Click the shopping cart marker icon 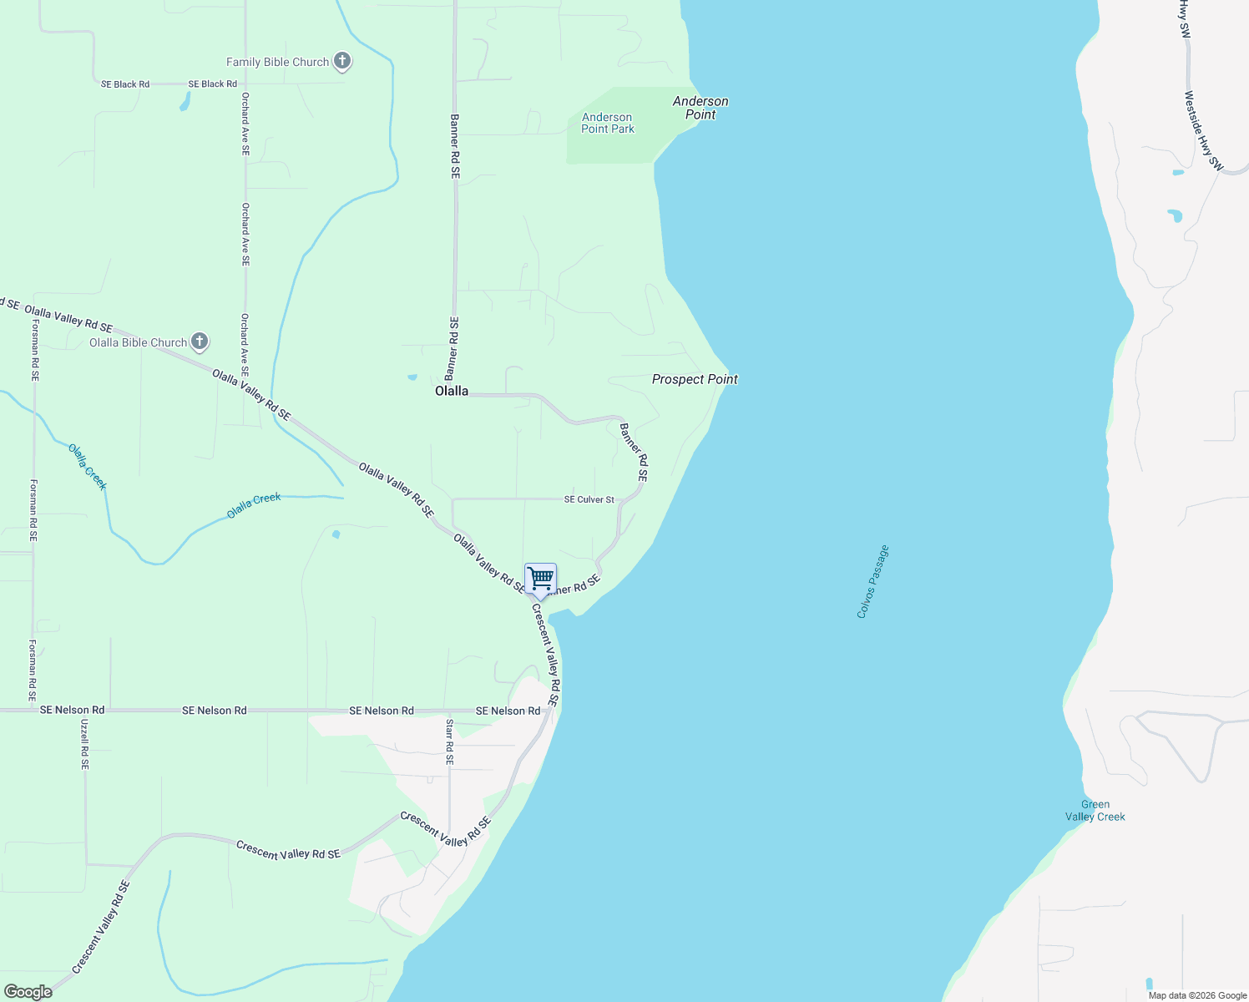[x=541, y=578]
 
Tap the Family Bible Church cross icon [x=341, y=61]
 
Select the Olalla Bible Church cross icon [x=199, y=342]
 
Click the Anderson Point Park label [x=608, y=123]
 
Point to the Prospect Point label [x=695, y=379]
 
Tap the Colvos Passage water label [x=873, y=582]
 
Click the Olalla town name [x=452, y=391]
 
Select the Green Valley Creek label [x=1095, y=811]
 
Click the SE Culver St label [x=589, y=499]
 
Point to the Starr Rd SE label [x=449, y=742]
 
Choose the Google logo [x=28, y=992]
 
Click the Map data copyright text [x=1197, y=995]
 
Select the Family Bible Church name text [x=277, y=62]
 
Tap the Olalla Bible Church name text [x=139, y=342]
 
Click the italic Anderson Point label [x=700, y=108]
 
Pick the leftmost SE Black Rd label [x=125, y=84]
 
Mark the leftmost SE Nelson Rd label [x=73, y=711]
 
